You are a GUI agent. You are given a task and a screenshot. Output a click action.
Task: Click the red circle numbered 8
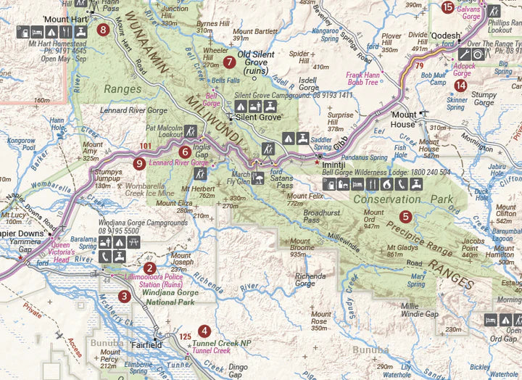pos(103,30)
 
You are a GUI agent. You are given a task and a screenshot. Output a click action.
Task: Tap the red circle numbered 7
pos(229,62)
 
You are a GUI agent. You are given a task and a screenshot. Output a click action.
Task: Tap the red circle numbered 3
pos(125,296)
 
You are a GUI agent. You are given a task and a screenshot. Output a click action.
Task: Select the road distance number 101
pos(146,146)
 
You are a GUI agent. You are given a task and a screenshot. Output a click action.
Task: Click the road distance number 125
pos(185,336)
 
